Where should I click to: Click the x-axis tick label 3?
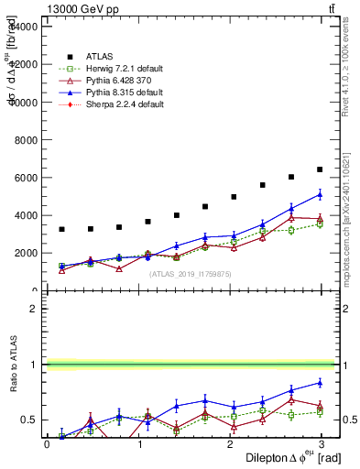[x=321, y=443]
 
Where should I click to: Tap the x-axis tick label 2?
[x=230, y=443]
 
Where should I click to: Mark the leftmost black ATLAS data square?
[x=61, y=229]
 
